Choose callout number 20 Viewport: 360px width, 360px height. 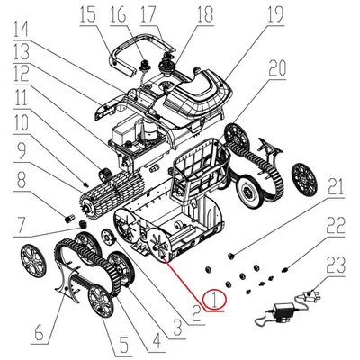[x=276, y=67]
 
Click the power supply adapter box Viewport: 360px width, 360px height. [x=277, y=314]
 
